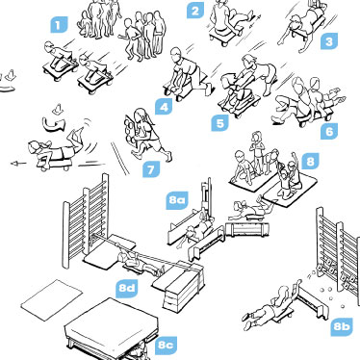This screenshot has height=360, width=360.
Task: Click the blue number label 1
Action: (x=59, y=25)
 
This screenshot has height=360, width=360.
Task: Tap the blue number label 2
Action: (x=195, y=11)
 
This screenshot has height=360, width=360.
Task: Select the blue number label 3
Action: (x=329, y=41)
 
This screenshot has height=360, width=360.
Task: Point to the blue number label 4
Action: (x=164, y=107)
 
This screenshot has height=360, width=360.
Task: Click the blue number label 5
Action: (x=219, y=123)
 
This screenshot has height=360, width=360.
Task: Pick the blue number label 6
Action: (x=329, y=132)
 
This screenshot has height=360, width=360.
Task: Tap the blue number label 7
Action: (x=151, y=169)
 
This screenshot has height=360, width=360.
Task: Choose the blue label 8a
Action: (x=177, y=200)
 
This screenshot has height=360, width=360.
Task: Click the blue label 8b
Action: (x=342, y=326)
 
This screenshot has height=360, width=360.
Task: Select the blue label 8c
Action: (x=166, y=346)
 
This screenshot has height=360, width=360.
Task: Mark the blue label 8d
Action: (x=127, y=288)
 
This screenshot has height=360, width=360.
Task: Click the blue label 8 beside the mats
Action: (x=310, y=161)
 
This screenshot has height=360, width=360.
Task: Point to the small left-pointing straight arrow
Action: (x=18, y=164)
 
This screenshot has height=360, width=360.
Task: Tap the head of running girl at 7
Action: (x=141, y=114)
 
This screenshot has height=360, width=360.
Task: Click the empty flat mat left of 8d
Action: (x=52, y=299)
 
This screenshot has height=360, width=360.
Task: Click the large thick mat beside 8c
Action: (x=112, y=328)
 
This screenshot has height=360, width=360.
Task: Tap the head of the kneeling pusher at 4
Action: (x=175, y=53)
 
